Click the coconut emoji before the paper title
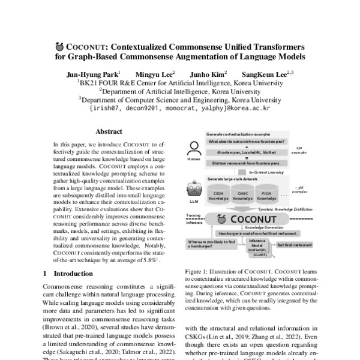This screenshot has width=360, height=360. point(59,46)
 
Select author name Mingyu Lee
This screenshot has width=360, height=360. point(157,73)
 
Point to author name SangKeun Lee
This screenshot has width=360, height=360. point(266,73)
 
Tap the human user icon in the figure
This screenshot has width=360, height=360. point(194,148)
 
